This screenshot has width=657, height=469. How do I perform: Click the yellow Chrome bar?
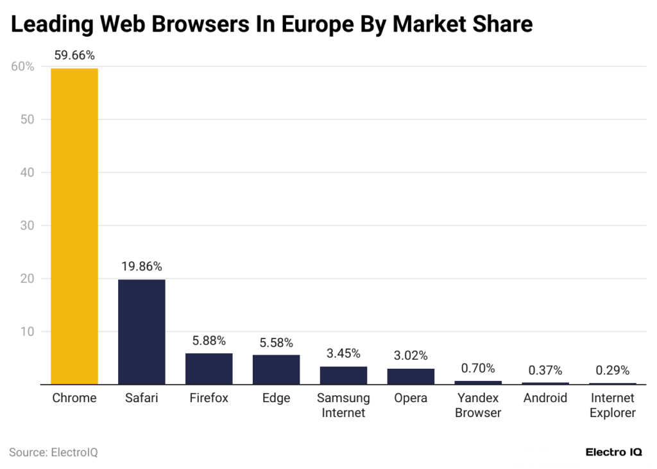pyautogui.click(x=74, y=226)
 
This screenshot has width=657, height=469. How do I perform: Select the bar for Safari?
pyautogui.click(x=142, y=332)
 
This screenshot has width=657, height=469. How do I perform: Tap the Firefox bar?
pyautogui.click(x=209, y=369)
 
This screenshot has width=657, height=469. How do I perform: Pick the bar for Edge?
pyautogui.click(x=276, y=369)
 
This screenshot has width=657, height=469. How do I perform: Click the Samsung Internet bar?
pyautogui.click(x=343, y=375)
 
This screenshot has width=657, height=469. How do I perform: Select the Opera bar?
pyautogui.click(x=411, y=376)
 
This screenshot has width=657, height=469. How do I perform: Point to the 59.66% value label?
pyautogui.click(x=74, y=55)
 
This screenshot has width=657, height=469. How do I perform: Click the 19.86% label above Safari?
pyautogui.click(x=142, y=266)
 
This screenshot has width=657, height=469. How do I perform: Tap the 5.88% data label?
pyautogui.click(x=209, y=341)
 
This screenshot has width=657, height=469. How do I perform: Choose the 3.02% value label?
pyautogui.click(x=411, y=355)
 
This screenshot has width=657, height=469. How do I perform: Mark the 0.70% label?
pyautogui.click(x=478, y=368)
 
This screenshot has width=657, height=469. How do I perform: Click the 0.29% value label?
pyautogui.click(x=612, y=370)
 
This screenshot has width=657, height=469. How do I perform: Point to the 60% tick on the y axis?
pyautogui.click(x=22, y=66)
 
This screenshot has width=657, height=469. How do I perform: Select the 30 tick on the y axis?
pyautogui.click(x=26, y=226)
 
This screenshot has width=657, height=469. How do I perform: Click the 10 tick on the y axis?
pyautogui.click(x=26, y=332)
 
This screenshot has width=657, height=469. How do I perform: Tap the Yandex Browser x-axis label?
pyautogui.click(x=478, y=405)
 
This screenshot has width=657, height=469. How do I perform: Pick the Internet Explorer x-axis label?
pyautogui.click(x=612, y=405)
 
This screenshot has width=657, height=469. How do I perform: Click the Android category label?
pyautogui.click(x=545, y=398)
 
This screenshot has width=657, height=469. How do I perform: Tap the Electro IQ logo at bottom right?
pyautogui.click(x=613, y=452)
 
